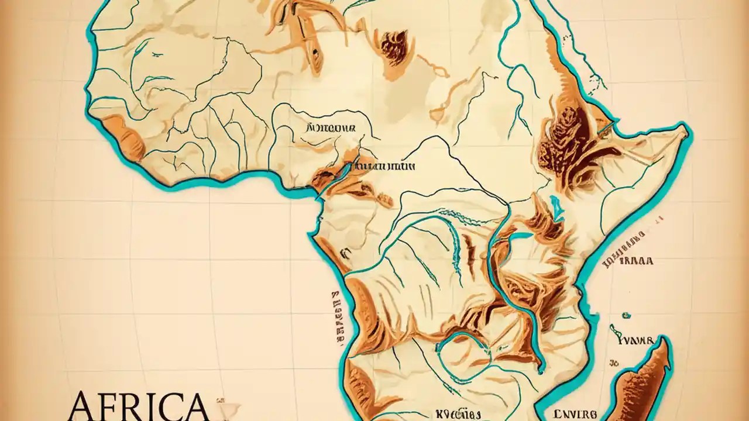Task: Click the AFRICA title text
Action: [x=138, y=406]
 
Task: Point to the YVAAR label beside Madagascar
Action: [x=633, y=339]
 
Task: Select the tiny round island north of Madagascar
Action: [x=626, y=316]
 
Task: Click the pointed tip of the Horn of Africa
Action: [x=686, y=130]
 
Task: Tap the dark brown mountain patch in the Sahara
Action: [x=394, y=47]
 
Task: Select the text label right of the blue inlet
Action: [x=386, y=166]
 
